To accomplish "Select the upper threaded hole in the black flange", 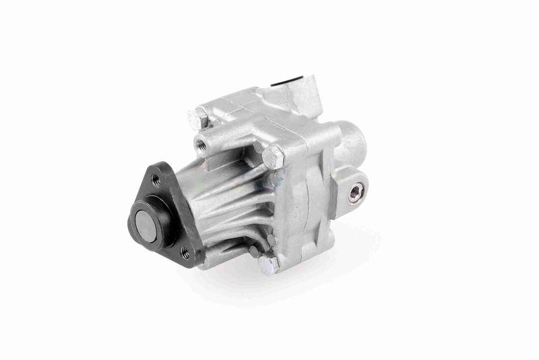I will tap(156, 179).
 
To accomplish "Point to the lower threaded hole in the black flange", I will tap(183, 252).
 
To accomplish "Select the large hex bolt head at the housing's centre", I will tap(272, 158).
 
